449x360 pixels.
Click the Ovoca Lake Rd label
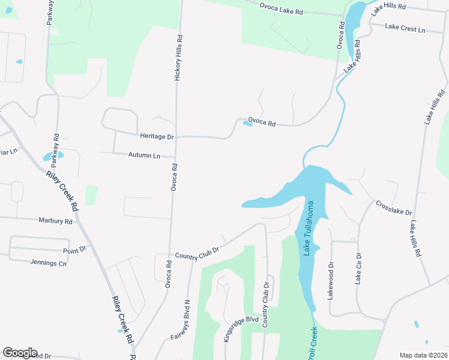point(282,8)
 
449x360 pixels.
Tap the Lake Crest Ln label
point(405,28)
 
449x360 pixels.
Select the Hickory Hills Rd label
point(178,58)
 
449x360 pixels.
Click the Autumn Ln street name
point(144,155)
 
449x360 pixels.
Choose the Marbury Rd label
point(55,221)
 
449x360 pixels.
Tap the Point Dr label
point(74,250)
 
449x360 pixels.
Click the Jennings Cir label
point(49,263)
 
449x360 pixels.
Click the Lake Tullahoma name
point(309,229)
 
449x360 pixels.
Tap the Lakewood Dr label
point(331,278)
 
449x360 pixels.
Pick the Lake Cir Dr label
point(358,268)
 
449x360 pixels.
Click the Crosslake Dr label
point(394,208)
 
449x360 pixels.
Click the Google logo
point(20,353)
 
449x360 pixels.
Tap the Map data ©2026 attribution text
point(423,355)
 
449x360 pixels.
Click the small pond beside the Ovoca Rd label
point(247,124)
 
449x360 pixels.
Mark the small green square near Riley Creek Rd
point(91,195)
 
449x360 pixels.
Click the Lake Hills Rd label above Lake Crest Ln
point(388,8)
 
